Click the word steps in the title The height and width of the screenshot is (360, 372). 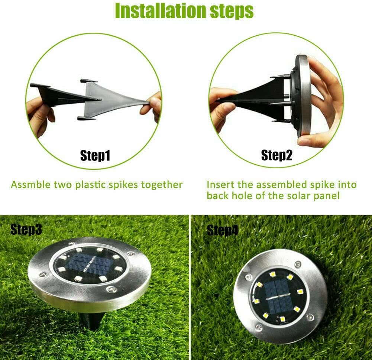pos(230,11)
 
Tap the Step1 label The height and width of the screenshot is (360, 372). pos(95,156)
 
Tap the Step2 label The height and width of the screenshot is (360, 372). pos(277,155)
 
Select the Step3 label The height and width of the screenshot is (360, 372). pos(26,230)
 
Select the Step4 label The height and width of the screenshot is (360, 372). pos(222,231)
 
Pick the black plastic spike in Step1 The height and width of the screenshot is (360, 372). pos(59,95)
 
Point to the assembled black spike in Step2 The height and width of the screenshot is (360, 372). pos(256,97)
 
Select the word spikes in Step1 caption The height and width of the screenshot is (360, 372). pos(123,185)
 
